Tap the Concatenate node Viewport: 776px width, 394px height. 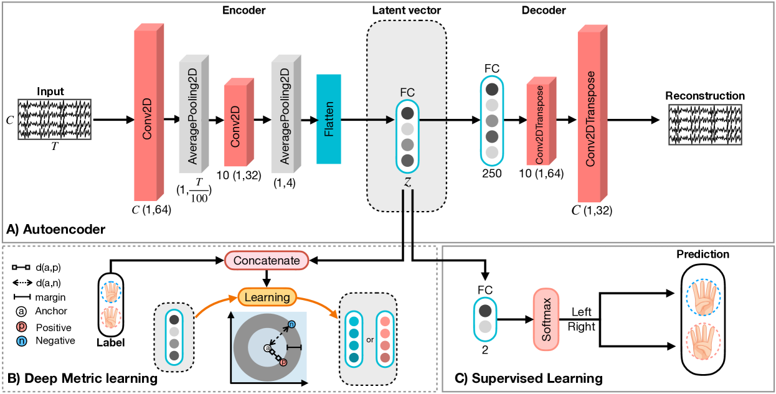(x=267, y=260)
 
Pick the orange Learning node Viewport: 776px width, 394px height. (x=267, y=297)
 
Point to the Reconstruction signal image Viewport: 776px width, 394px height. (x=706, y=124)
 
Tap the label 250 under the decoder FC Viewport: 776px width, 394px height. (x=492, y=174)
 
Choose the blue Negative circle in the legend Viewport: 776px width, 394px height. (x=22, y=340)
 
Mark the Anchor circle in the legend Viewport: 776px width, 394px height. (x=22, y=311)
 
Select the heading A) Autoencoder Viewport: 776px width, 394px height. (x=56, y=230)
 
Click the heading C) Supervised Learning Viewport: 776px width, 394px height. (x=537, y=378)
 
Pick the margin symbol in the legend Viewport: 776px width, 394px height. (x=22, y=297)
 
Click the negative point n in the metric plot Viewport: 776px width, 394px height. (x=291, y=324)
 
